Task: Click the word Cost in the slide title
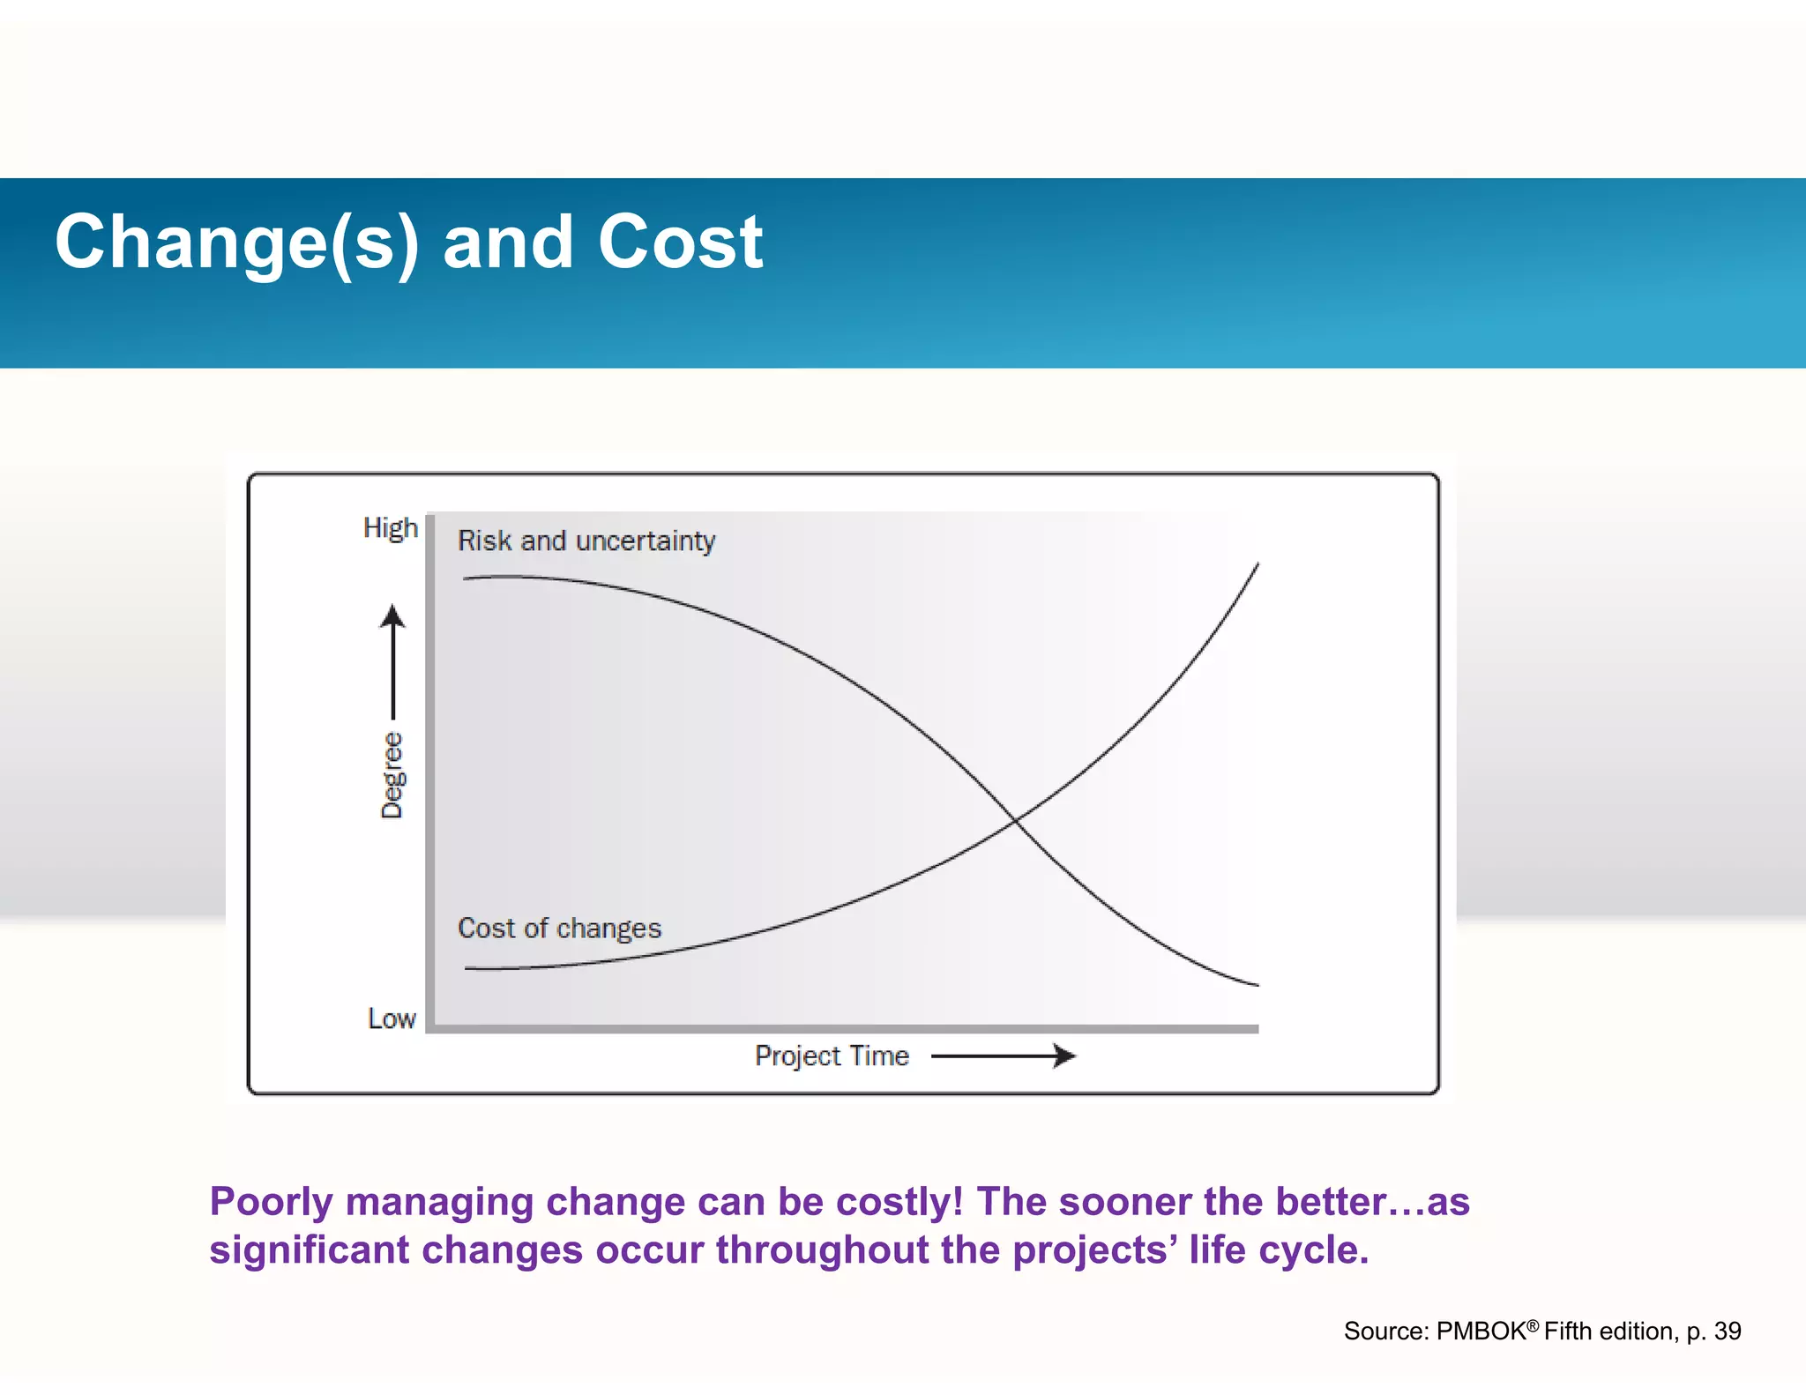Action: [x=679, y=242]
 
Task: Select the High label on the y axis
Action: [x=390, y=527]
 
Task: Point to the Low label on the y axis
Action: [x=392, y=1018]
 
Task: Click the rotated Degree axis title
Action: [x=392, y=775]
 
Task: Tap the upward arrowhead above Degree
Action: [x=393, y=615]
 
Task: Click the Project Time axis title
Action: [x=831, y=1056]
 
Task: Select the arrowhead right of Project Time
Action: [x=1065, y=1056]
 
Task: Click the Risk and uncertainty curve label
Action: [x=586, y=541]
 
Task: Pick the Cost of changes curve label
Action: [x=559, y=929]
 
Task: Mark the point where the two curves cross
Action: [x=1015, y=821]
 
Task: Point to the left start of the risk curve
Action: [x=466, y=578]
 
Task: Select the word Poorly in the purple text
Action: [x=272, y=1202]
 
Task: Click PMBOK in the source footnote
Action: [x=1481, y=1332]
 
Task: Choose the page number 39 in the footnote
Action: [x=1727, y=1332]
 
